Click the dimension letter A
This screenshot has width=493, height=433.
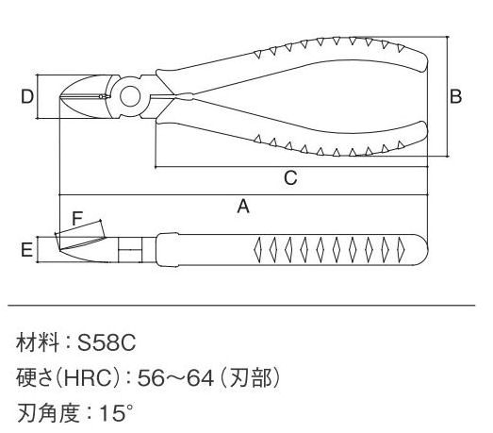243,207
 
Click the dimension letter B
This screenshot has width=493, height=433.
455,96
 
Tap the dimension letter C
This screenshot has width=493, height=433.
290,177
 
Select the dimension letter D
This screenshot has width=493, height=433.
27,96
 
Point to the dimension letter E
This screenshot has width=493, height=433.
26,250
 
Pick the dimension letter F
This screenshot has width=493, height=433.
77,219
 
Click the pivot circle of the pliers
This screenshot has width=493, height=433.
130,96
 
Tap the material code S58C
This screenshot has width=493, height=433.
107,342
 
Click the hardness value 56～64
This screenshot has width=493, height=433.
175,378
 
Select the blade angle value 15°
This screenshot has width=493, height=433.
116,412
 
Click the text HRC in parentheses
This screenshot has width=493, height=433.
88,378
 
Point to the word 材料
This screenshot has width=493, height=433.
38,342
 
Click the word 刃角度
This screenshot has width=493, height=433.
48,412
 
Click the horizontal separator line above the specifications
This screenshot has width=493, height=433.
241,306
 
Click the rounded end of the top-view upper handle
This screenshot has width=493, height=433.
424,61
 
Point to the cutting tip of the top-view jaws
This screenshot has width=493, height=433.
60,97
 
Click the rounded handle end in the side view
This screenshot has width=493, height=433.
422,250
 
